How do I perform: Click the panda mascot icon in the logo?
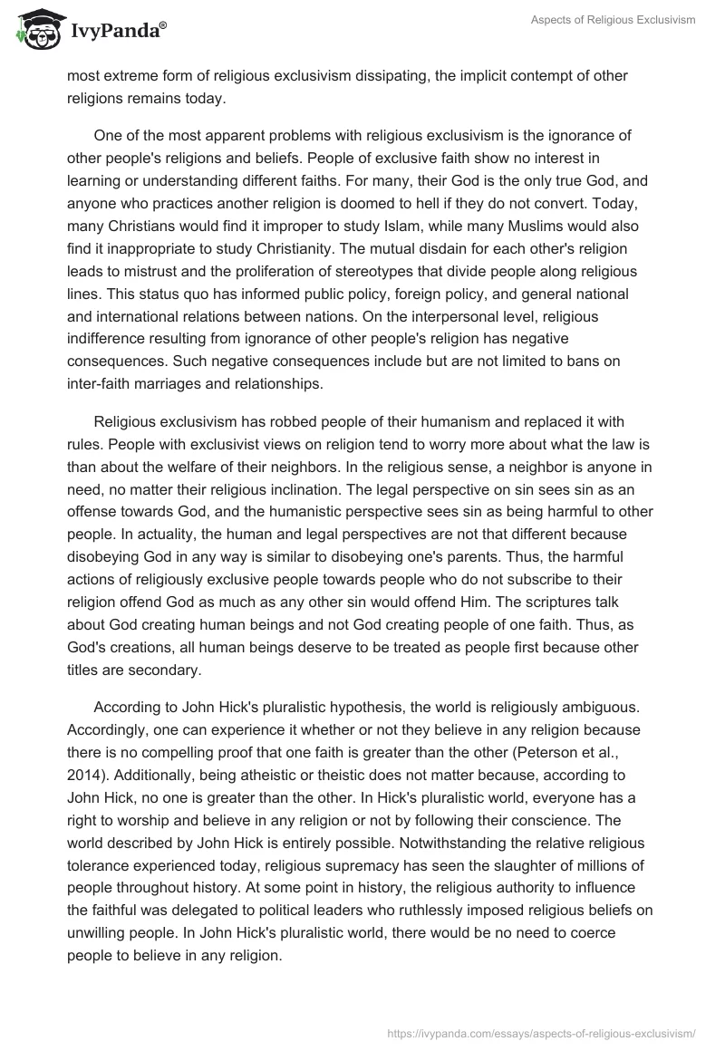[x=35, y=29]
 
